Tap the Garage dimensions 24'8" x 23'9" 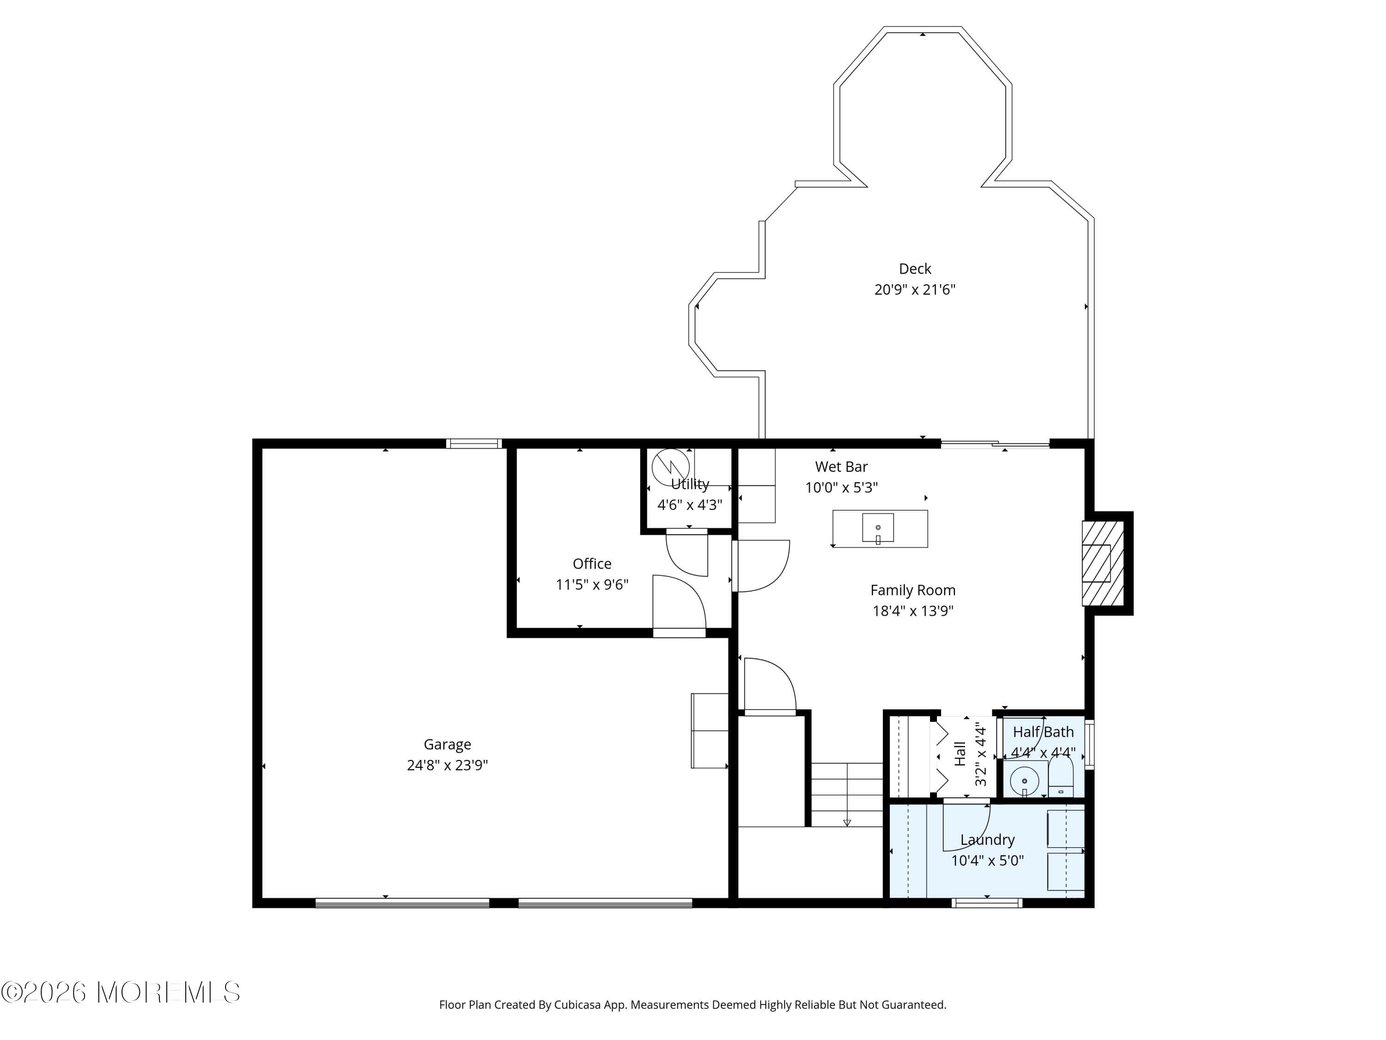(x=447, y=765)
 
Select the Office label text (x=591, y=563)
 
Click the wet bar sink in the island (x=877, y=528)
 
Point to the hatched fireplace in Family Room (x=1102, y=563)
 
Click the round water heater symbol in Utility (x=670, y=467)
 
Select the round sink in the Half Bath (x=1024, y=781)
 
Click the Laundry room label (x=987, y=839)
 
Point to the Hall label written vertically (x=960, y=753)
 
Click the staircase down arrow (x=847, y=822)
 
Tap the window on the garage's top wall (x=474, y=444)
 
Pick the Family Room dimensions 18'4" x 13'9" (x=912, y=611)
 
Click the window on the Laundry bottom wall (x=987, y=903)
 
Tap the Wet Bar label (x=841, y=466)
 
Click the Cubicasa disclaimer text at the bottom (x=693, y=1005)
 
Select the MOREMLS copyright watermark (x=120, y=992)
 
